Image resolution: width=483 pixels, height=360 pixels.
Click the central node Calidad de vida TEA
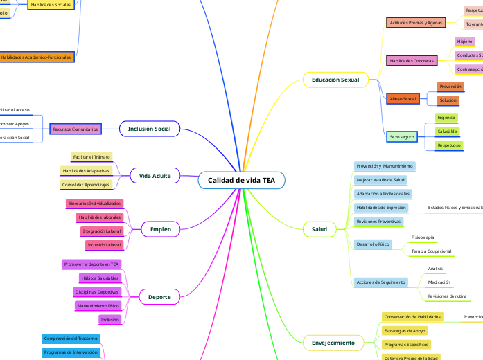pos(241,181)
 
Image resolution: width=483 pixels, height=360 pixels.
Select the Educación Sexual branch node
pos(335,80)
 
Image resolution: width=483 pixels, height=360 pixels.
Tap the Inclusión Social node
pos(150,129)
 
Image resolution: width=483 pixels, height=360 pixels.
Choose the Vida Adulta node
pos(155,176)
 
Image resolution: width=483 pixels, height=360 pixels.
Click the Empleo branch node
pos(160,228)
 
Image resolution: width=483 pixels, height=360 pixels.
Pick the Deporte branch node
pos(159,297)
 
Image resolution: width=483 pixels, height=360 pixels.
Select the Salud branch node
pos(319,228)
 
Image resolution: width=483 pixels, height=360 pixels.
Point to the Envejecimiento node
pos(333,342)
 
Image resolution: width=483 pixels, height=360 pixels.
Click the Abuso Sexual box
pos(403,100)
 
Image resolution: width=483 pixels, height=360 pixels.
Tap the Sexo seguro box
pos(401,137)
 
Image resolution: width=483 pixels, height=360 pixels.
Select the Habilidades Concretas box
pos(412,61)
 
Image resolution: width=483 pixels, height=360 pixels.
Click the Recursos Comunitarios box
pos(76,129)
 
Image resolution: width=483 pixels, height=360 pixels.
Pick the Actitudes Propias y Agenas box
pos(416,23)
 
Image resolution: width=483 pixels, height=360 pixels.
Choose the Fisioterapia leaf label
pos(423,237)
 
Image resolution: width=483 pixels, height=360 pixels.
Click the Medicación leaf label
pos(439,282)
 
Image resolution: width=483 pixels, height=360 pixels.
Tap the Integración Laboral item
pos(101,231)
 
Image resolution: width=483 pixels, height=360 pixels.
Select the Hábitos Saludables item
pos(99,278)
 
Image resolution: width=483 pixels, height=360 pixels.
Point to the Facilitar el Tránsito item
pos(91,157)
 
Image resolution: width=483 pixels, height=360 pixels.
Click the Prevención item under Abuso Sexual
pos(450,87)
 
